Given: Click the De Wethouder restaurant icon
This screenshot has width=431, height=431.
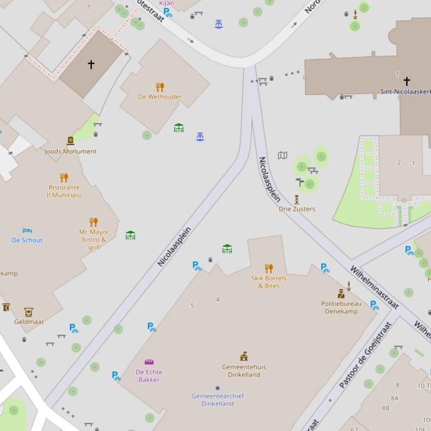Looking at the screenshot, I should [160, 87].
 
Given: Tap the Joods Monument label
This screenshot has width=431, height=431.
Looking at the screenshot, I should [71, 151].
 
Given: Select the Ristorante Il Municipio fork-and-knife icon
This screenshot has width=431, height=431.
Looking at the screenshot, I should [64, 178].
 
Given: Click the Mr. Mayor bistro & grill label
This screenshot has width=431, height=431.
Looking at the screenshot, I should [94, 240].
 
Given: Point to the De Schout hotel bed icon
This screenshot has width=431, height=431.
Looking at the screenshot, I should [27, 231].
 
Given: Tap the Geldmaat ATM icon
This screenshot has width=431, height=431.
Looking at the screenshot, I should [29, 312].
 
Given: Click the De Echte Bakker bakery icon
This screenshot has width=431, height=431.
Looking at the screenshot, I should [149, 362].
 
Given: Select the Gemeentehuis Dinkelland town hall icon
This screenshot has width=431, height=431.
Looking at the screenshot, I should [244, 356].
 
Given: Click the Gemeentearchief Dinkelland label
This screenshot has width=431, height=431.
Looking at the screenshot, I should [217, 400].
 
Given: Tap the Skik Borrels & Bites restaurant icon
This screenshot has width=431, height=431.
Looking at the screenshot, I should [268, 268].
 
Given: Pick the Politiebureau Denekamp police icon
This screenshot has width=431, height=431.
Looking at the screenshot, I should [340, 293].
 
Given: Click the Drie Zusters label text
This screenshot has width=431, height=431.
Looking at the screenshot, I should [297, 209].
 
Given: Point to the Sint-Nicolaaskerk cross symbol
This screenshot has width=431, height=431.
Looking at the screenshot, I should [407, 81].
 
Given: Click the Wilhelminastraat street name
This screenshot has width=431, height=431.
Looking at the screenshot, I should [374, 288].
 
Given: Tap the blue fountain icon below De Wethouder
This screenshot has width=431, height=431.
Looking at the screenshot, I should [200, 137].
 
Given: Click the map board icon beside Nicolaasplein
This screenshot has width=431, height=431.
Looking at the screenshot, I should [283, 155].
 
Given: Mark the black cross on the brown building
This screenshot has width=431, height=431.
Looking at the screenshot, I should [91, 64].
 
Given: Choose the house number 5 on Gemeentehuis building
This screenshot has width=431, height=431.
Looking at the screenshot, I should [192, 305].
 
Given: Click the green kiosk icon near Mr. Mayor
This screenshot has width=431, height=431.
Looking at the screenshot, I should [131, 235].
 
